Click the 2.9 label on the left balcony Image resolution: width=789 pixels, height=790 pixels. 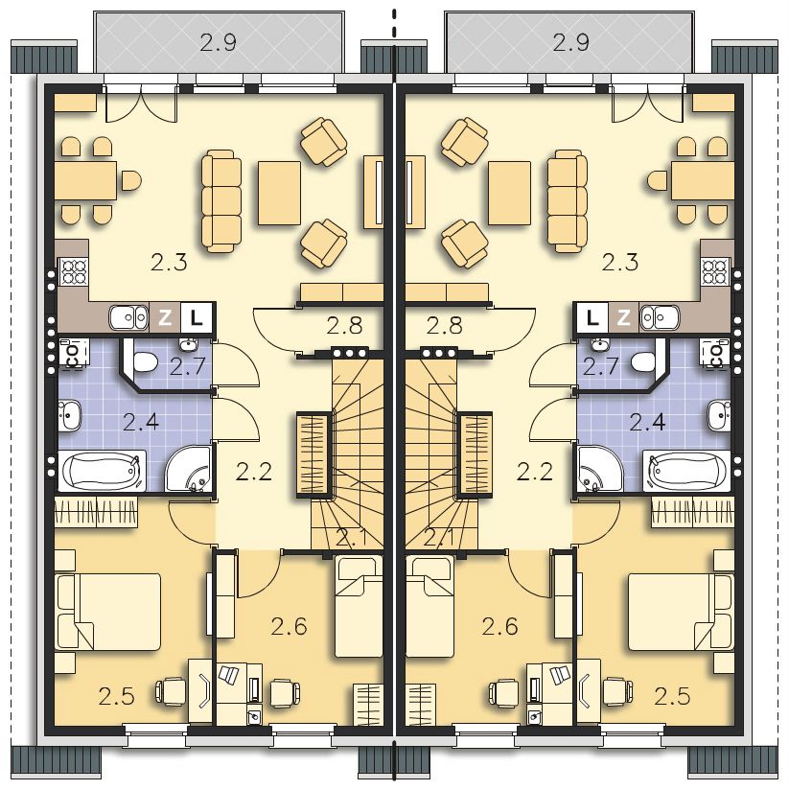[x=219, y=43]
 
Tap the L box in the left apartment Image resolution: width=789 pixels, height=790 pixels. [x=197, y=317]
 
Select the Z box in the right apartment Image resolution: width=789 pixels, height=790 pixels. [x=624, y=317]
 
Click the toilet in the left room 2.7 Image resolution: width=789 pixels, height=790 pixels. [x=144, y=362]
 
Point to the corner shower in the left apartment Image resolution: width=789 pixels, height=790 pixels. [x=188, y=468]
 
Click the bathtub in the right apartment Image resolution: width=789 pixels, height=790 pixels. [x=686, y=471]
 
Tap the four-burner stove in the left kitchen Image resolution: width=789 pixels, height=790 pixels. [x=74, y=272]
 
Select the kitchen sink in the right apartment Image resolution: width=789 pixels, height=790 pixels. [x=660, y=317]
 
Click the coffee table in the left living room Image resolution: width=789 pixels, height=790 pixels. [x=279, y=193]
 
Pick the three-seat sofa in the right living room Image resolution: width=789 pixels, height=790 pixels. [x=568, y=200]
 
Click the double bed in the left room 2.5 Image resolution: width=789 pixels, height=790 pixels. [x=108, y=611]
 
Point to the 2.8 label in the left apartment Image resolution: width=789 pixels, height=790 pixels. [x=344, y=325]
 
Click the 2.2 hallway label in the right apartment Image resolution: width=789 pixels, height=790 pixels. [x=535, y=472]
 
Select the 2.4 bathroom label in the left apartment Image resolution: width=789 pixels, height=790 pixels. [x=141, y=422]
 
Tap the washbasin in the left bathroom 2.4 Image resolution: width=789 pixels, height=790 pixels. [x=69, y=416]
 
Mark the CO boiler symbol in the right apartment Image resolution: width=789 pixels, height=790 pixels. [x=714, y=352]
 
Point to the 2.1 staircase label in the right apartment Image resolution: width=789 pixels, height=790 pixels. [x=439, y=538]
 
